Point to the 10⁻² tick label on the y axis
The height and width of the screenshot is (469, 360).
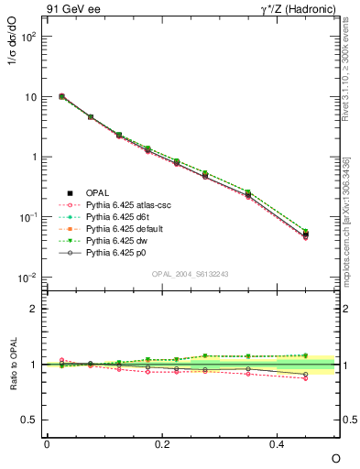pyautogui.click(x=27, y=278)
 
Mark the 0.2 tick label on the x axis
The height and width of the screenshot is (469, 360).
pyautogui.click(x=162, y=443)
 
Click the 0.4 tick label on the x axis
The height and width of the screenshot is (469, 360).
pyautogui.click(x=278, y=443)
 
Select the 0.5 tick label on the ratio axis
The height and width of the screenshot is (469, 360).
pyautogui.click(x=29, y=420)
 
